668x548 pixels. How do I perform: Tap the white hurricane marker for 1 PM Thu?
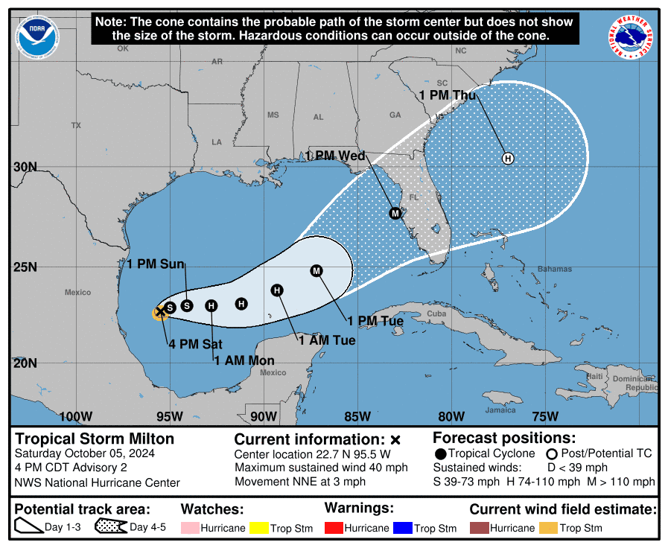click(x=508, y=158)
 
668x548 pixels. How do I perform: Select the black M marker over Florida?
click(x=395, y=213)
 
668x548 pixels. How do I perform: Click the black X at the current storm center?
click(x=160, y=312)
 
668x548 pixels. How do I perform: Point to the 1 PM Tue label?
click(x=375, y=321)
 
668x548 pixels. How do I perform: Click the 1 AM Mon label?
click(x=244, y=360)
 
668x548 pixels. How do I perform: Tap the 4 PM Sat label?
click(x=195, y=344)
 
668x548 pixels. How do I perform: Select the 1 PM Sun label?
click(x=155, y=264)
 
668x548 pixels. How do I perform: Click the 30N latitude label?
click(x=25, y=167)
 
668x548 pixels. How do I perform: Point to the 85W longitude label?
click(x=357, y=416)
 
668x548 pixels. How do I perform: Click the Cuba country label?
click(x=436, y=314)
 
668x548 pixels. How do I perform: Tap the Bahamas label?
click(x=555, y=269)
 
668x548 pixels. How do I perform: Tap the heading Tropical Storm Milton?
click(x=95, y=439)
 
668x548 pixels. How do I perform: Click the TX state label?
click(x=75, y=126)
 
